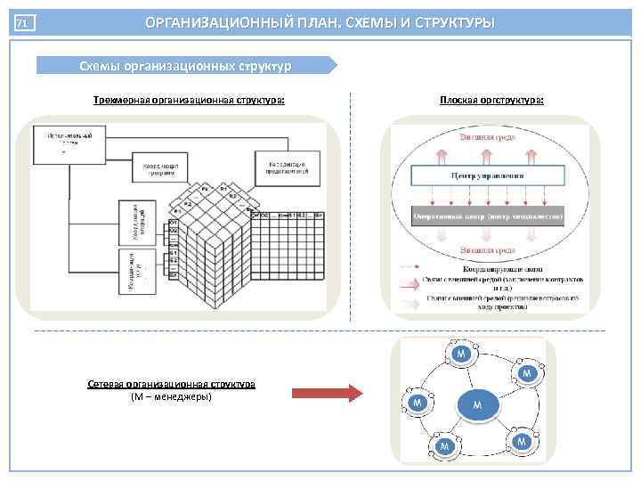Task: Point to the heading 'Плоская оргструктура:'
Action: point(491,100)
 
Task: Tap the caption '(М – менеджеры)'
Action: point(171,396)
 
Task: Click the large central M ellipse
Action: point(477,405)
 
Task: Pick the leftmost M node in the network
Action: point(417,404)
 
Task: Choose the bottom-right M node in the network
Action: point(522,441)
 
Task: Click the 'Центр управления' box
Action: point(491,176)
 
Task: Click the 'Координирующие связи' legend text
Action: point(499,267)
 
